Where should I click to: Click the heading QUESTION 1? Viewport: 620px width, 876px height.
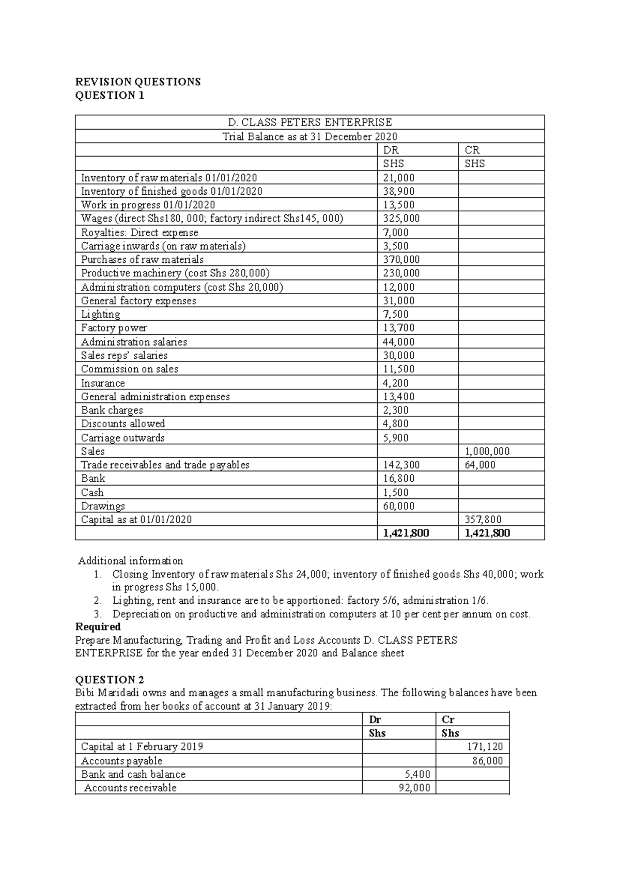click(x=110, y=96)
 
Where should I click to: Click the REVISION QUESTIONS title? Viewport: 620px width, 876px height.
click(x=138, y=82)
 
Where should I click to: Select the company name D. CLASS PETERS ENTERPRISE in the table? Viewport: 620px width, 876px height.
click(x=310, y=122)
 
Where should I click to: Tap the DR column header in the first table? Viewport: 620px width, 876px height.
click(x=391, y=150)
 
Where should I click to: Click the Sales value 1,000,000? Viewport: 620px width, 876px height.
click(x=487, y=451)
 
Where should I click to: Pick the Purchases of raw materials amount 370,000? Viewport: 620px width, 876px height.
click(x=401, y=259)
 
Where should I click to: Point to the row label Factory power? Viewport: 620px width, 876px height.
click(x=114, y=328)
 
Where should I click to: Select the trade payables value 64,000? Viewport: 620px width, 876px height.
click(x=480, y=465)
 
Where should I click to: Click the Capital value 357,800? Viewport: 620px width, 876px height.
click(x=483, y=520)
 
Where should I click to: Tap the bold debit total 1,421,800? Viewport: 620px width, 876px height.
click(x=406, y=533)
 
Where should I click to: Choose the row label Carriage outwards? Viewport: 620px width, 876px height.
click(x=123, y=437)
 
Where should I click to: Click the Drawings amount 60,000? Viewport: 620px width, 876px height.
click(x=398, y=506)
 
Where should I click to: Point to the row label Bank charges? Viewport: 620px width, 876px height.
click(x=112, y=410)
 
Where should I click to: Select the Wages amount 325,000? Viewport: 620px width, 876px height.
click(x=401, y=218)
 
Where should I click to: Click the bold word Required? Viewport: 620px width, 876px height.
click(x=98, y=627)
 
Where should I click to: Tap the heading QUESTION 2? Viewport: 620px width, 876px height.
click(x=110, y=680)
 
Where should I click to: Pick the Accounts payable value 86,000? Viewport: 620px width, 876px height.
click(x=487, y=760)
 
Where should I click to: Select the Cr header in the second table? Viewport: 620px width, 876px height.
click(x=448, y=719)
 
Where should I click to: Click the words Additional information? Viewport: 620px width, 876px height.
click(x=131, y=560)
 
